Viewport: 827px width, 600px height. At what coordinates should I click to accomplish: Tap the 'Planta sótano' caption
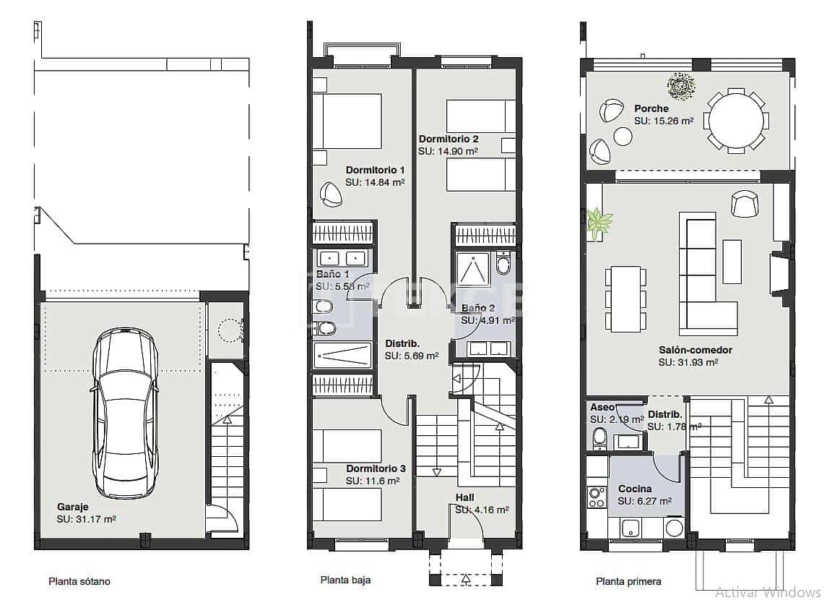click(79, 581)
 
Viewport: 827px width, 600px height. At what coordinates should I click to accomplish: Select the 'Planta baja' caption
click(346, 580)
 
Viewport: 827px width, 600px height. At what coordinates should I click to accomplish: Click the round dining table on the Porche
click(736, 120)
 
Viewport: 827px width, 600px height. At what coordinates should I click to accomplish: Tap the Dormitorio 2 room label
click(449, 139)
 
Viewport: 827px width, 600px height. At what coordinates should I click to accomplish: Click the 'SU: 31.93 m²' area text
click(688, 362)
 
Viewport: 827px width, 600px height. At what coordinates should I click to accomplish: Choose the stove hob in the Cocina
click(597, 497)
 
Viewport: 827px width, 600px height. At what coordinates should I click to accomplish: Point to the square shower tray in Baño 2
click(473, 270)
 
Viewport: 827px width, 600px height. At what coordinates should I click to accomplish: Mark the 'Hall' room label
click(465, 497)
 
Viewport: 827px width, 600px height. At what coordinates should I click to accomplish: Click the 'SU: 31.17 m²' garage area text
click(87, 518)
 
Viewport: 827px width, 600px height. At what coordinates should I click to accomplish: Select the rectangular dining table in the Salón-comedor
click(625, 299)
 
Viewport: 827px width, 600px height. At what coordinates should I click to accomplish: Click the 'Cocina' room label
click(635, 489)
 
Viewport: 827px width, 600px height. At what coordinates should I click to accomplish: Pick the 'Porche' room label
click(651, 109)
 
